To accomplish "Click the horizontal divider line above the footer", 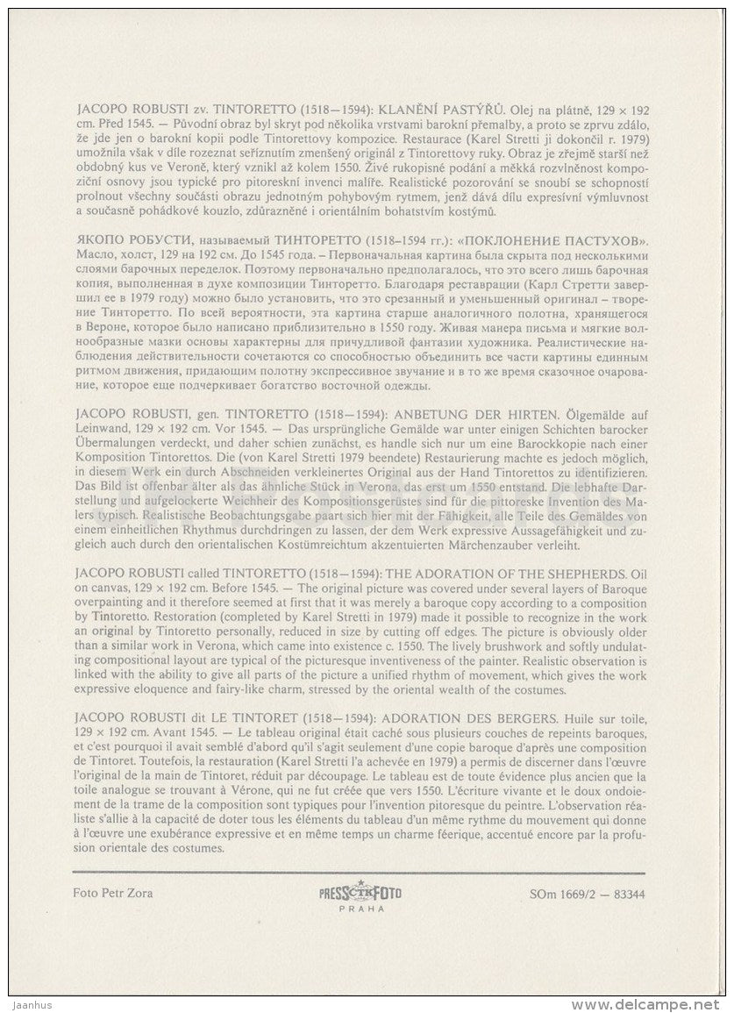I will (358, 871).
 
